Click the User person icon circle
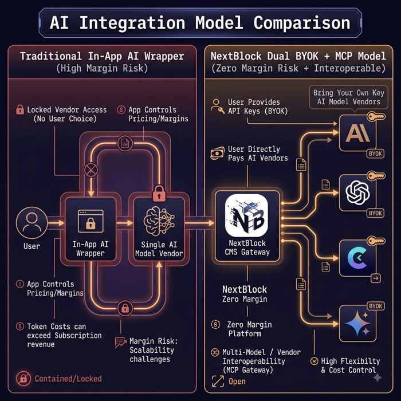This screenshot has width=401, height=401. [32, 223]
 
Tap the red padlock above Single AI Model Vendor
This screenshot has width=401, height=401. [159, 193]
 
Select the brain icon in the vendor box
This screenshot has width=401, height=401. [159, 221]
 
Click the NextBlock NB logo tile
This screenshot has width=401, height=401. [246, 215]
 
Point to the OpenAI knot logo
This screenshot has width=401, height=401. [357, 192]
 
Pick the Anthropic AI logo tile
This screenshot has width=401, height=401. [357, 133]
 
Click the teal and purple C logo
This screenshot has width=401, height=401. [357, 258]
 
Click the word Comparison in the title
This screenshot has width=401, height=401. [302, 23]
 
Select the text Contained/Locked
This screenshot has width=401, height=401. [68, 379]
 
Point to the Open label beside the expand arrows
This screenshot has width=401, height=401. [237, 382]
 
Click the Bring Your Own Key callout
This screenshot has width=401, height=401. [349, 97]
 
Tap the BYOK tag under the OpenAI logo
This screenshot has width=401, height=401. [375, 213]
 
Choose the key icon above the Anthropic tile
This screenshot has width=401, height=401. [376, 117]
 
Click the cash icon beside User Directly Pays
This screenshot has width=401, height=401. [217, 153]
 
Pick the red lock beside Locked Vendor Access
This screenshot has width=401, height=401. [20, 109]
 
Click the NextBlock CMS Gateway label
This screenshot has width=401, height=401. [247, 247]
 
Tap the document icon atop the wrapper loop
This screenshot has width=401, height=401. [125, 143]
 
